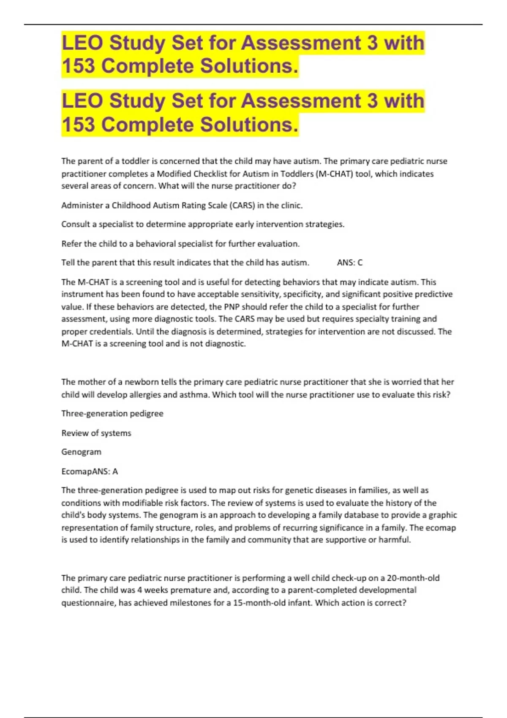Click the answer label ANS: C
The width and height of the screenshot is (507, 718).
349,263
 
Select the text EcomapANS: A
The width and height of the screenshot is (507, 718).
90,471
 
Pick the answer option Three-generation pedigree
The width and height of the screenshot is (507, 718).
112,413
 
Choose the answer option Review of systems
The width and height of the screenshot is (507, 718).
96,433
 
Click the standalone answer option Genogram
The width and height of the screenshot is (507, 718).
81,452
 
